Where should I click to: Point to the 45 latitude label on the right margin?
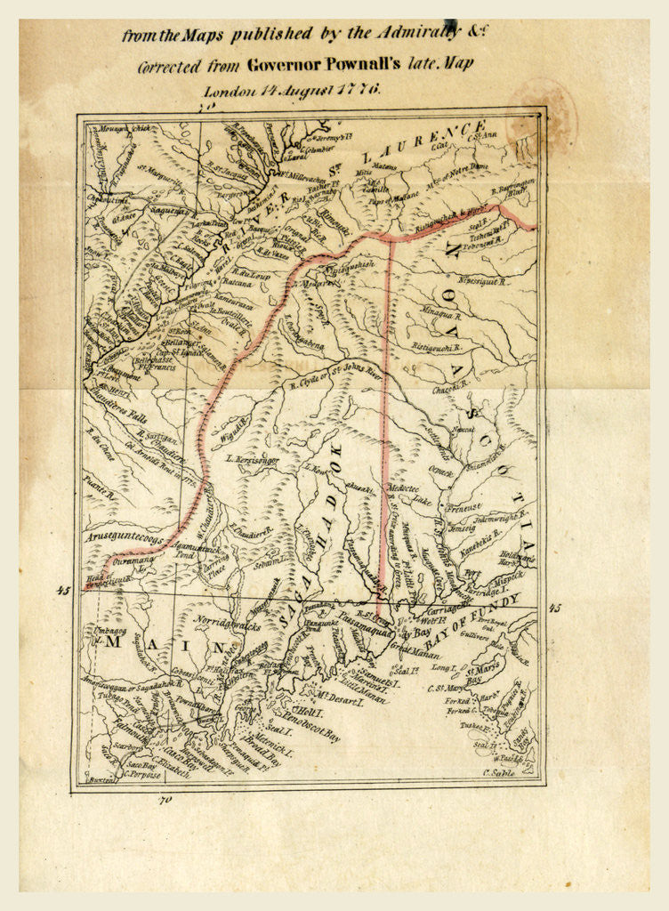coord(555,609)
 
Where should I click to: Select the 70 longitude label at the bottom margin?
coord(164,800)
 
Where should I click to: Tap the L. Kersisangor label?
coord(252,460)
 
